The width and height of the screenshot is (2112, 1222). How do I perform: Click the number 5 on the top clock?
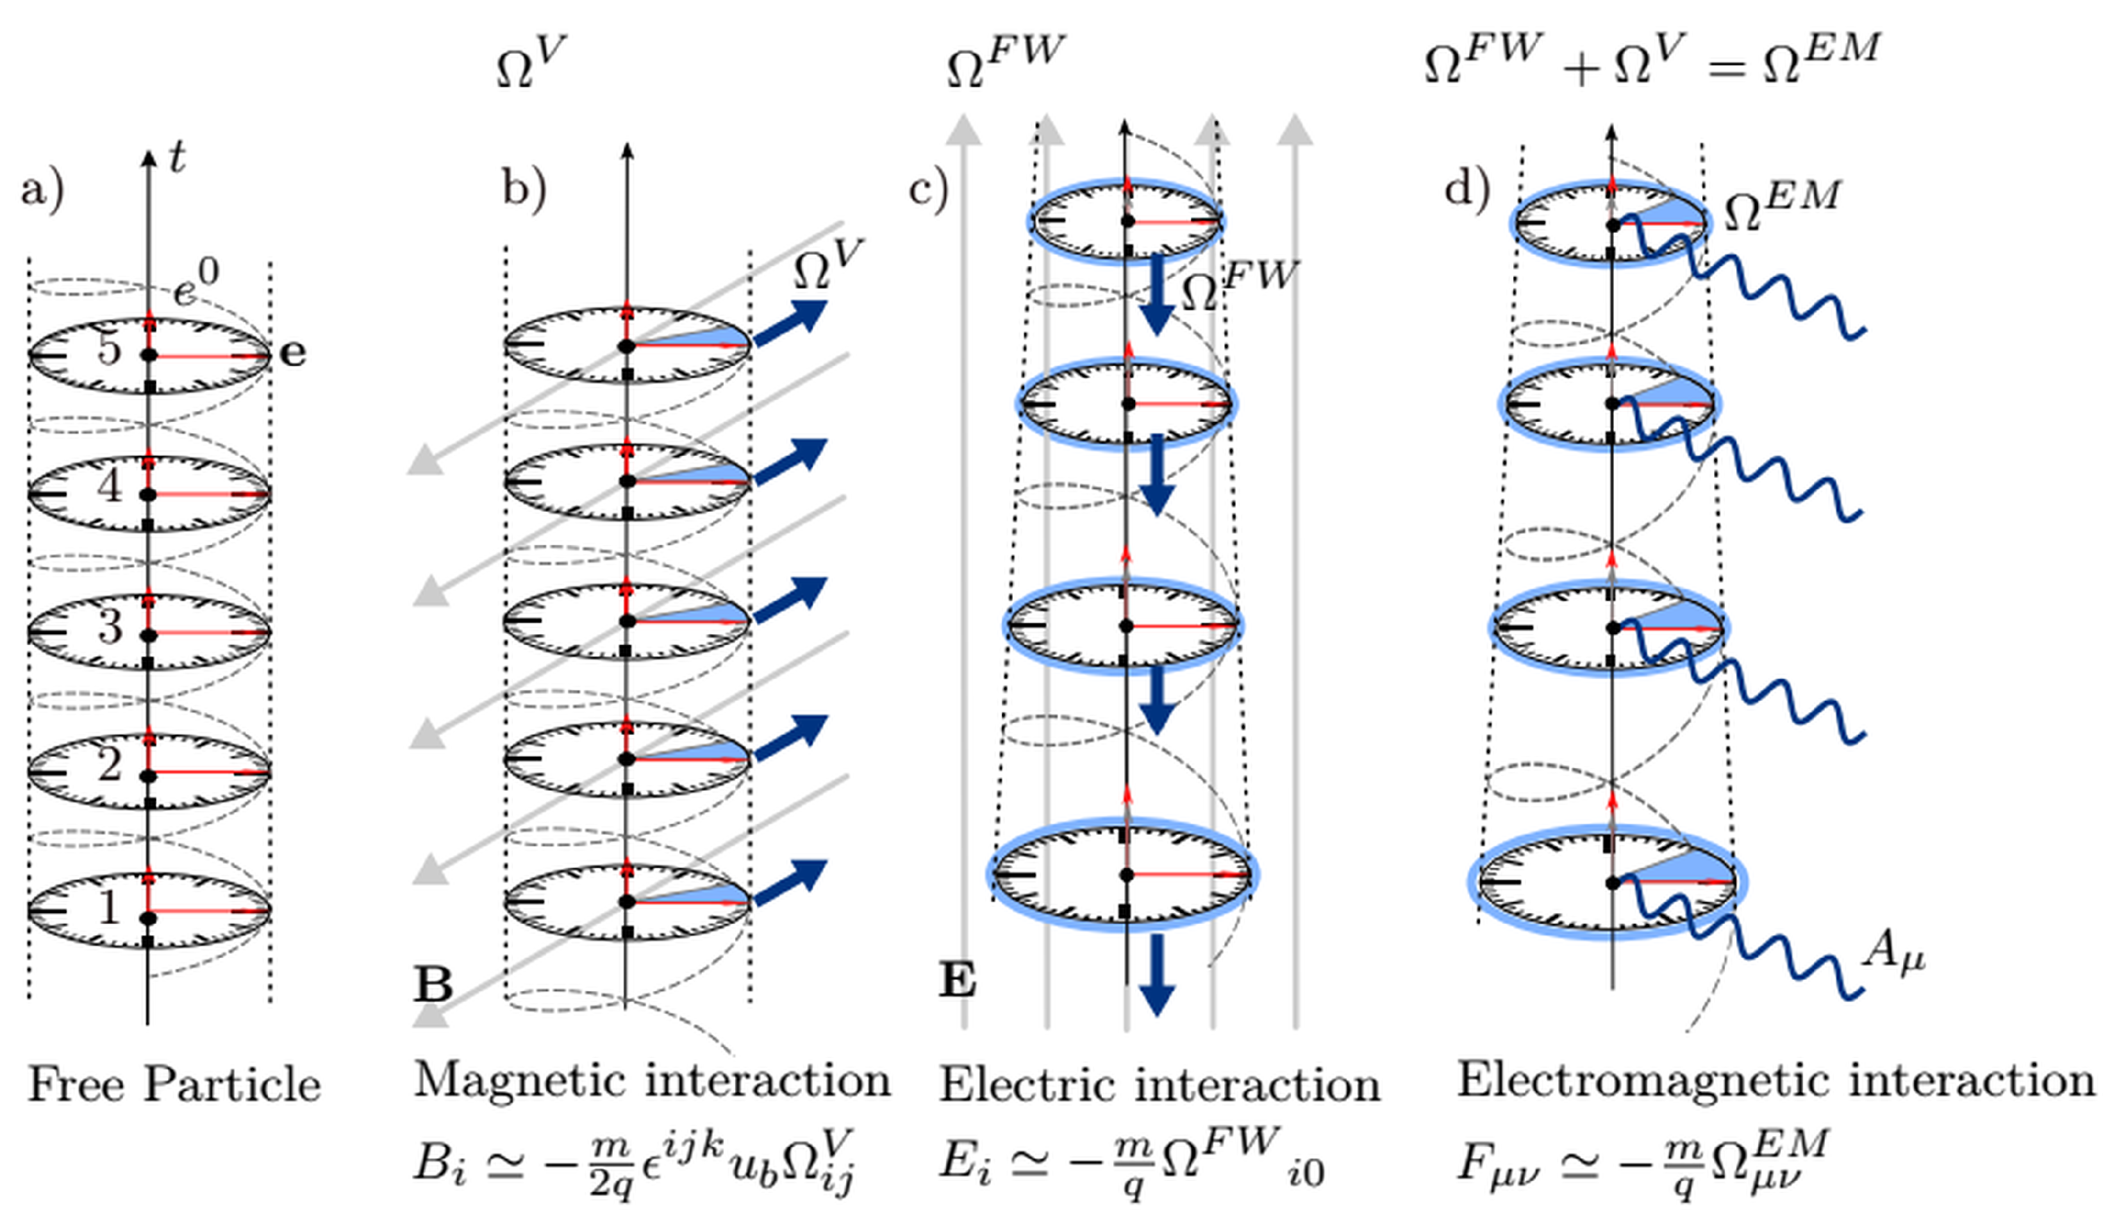[x=109, y=346]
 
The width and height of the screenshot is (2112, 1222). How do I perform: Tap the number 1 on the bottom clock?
[x=108, y=907]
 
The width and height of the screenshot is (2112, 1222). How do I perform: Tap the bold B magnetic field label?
[x=433, y=984]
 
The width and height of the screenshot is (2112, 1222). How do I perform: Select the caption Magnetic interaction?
[x=652, y=1080]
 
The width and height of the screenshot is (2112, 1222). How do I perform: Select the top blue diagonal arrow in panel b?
[x=791, y=322]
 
